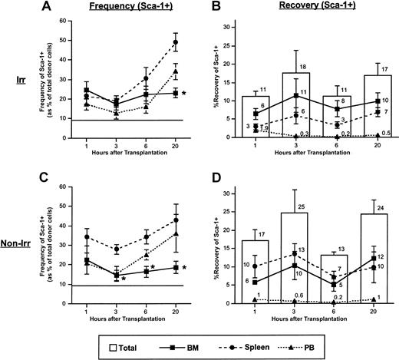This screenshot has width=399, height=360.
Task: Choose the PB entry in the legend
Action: (331, 340)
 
